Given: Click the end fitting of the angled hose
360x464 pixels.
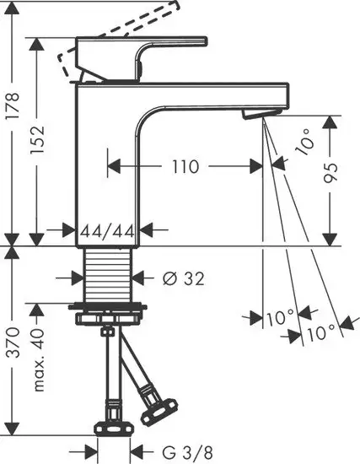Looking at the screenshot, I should tap(156, 414).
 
